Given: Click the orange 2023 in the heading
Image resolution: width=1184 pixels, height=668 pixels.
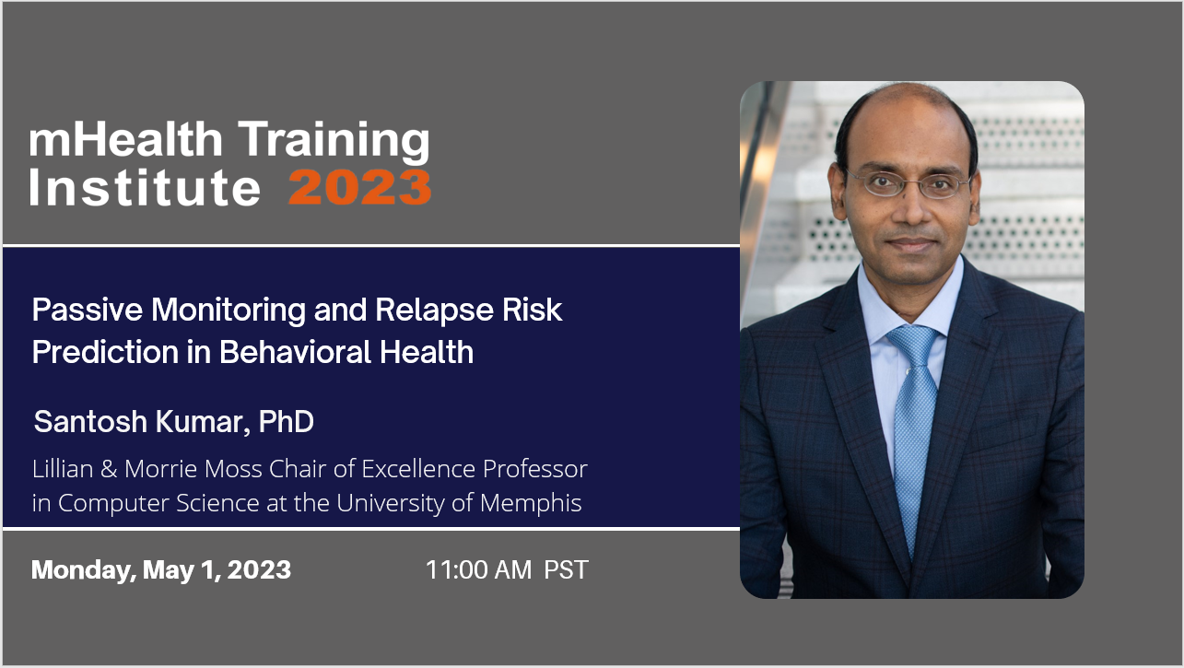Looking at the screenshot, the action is [x=360, y=187].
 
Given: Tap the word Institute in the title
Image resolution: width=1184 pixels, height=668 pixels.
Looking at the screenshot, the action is [x=145, y=187].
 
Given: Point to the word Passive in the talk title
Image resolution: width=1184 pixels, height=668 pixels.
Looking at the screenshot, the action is [x=88, y=310].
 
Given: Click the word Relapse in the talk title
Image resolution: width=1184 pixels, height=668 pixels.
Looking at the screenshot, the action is [x=435, y=311].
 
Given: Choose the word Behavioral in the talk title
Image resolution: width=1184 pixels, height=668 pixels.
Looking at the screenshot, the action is [x=295, y=352].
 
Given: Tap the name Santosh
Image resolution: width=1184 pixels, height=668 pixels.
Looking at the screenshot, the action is [x=90, y=421].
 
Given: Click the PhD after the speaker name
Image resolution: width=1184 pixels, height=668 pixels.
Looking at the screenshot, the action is [x=286, y=421].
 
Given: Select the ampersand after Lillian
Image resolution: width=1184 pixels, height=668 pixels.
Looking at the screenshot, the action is [x=109, y=469].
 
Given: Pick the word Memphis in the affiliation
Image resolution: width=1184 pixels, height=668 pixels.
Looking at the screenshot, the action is [x=531, y=503].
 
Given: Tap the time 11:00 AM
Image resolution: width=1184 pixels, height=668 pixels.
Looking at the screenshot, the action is [x=478, y=569].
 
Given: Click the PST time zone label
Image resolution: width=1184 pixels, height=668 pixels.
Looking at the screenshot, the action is [x=566, y=569].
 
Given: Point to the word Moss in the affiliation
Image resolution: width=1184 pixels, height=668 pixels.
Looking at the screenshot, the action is [x=235, y=469].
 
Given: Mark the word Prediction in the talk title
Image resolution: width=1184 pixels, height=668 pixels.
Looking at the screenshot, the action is [x=105, y=352].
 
